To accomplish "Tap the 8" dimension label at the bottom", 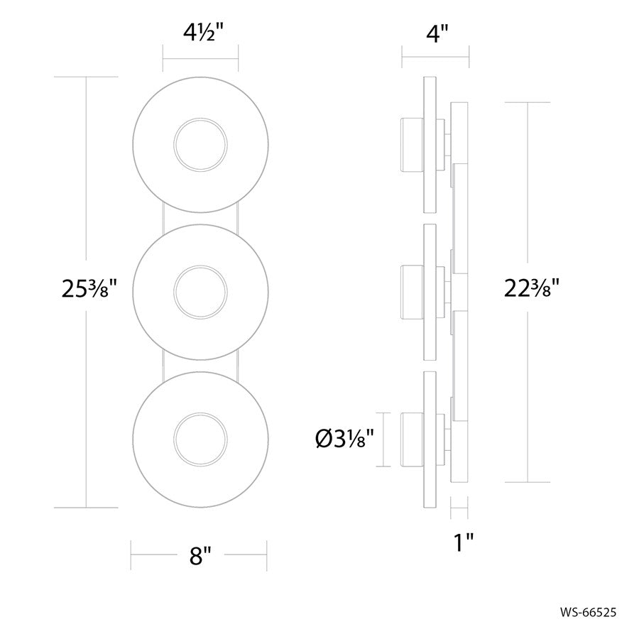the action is pos(200,555).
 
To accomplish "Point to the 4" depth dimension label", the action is pos(437,33).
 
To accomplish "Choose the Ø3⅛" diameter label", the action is pos(345,439).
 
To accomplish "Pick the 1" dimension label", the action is pos(464,542).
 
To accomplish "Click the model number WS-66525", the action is pos(588,612).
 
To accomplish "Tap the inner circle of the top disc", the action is pos(200,145).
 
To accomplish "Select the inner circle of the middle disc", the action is pos(200,293).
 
